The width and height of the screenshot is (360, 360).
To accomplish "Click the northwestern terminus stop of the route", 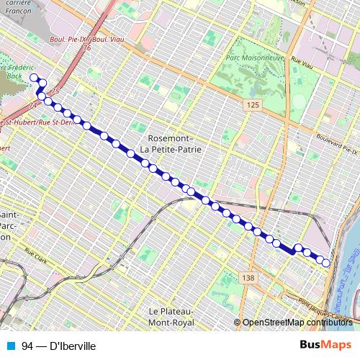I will point(33,78).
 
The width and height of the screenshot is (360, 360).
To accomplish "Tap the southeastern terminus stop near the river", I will point(325,264).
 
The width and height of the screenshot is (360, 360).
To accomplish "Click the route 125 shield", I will point(251,106).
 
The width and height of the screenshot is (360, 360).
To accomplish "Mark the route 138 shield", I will point(248,277).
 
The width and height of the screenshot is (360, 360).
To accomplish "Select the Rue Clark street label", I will point(35,253).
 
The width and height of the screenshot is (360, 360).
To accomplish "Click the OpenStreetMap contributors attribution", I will point(297,323).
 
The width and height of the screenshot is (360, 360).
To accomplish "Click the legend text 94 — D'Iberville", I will point(59,346).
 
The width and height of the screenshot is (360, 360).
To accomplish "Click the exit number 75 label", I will point(55,92).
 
